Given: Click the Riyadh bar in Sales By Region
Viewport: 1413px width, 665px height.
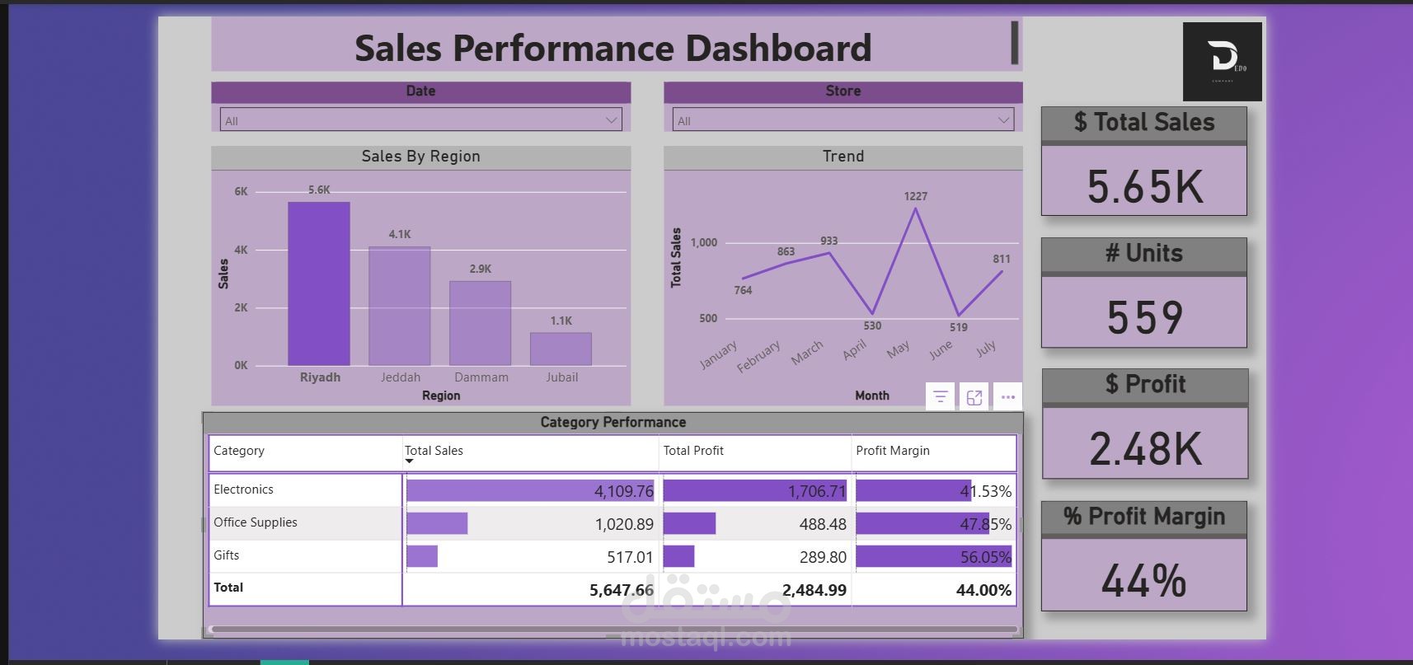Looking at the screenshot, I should (x=318, y=283).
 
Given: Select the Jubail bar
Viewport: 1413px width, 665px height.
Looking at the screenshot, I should (x=561, y=349).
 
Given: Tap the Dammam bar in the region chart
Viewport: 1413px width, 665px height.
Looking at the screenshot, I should (x=480, y=323).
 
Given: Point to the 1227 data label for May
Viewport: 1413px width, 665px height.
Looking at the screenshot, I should (x=915, y=196).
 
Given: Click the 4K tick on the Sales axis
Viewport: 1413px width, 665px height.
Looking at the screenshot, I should (x=241, y=250).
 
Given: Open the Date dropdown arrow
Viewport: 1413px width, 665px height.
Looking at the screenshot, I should (x=612, y=120).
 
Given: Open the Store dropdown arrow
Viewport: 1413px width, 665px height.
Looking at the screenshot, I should (x=1003, y=120).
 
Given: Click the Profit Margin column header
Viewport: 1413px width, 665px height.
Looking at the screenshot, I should (x=893, y=451).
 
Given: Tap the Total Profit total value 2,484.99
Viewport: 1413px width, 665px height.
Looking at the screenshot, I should (x=814, y=590).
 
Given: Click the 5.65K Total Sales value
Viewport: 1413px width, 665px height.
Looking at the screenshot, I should (x=1144, y=187).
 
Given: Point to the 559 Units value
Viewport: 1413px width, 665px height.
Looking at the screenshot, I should (x=1144, y=317).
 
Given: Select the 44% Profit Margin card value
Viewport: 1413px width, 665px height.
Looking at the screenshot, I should (x=1144, y=580).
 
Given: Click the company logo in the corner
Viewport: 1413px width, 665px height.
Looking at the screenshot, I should (x=1222, y=62).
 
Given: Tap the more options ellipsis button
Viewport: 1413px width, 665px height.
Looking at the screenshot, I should (x=1007, y=397).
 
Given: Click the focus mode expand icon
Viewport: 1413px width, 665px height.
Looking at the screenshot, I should (x=974, y=397).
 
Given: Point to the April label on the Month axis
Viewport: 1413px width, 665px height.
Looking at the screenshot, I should (x=855, y=349).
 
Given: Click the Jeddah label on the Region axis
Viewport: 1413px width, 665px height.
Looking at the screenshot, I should (x=401, y=377).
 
